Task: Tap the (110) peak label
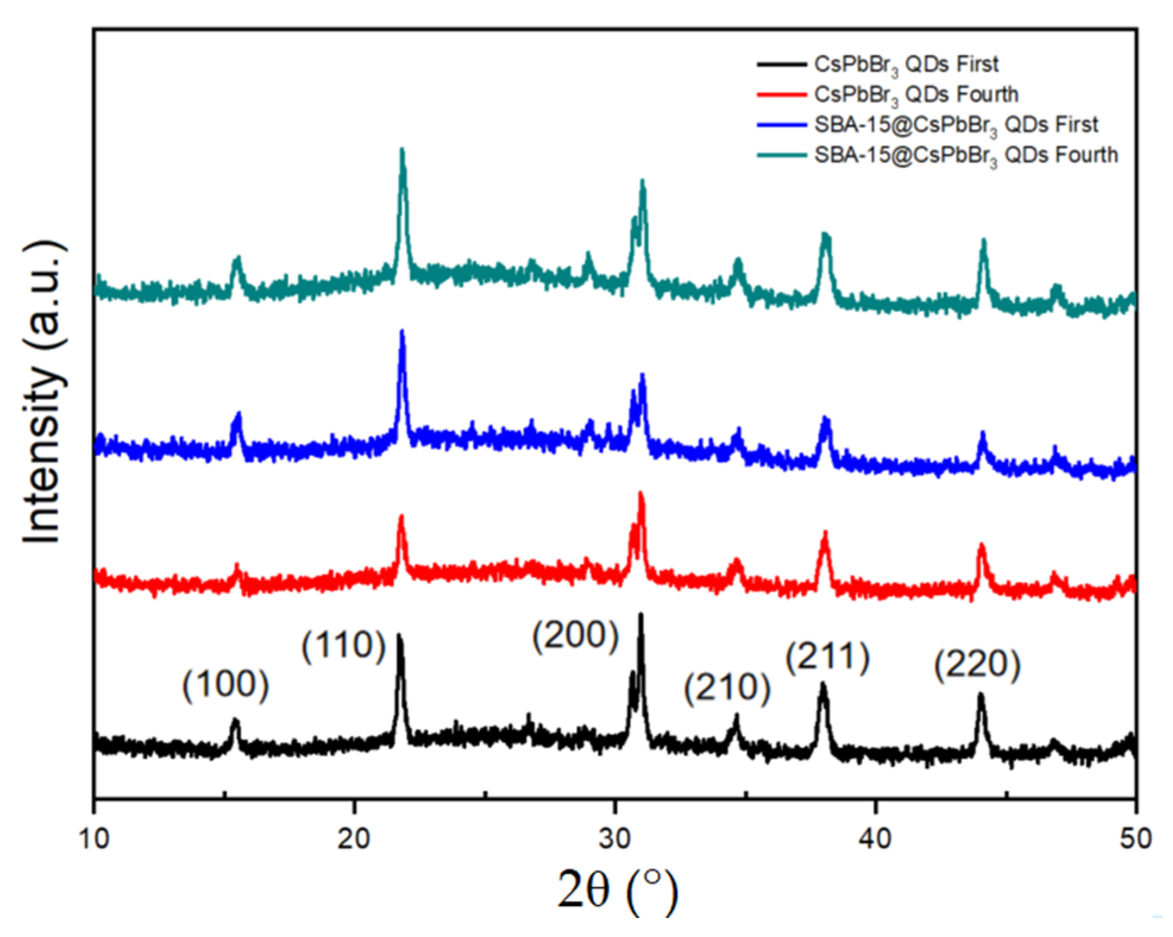point(344,645)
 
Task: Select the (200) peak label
point(575,635)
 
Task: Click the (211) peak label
point(828,657)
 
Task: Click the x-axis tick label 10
point(94,839)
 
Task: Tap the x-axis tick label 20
point(354,839)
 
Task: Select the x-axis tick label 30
point(615,839)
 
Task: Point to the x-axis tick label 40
point(876,839)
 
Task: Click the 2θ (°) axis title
point(617,889)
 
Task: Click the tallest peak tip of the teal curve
point(402,150)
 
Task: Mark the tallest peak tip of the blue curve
point(402,332)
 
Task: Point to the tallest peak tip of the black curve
point(641,614)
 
